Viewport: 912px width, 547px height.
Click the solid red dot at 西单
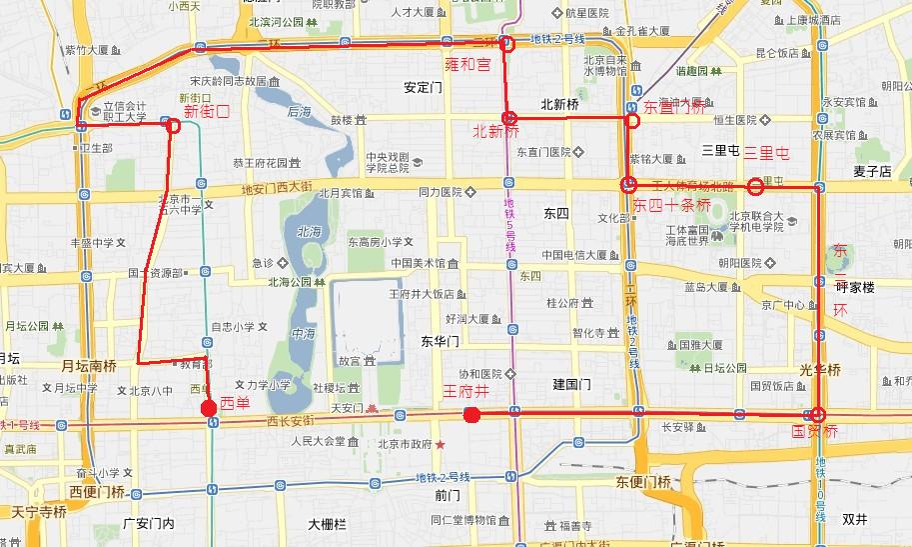coord(208,408)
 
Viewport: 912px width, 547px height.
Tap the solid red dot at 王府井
coord(472,414)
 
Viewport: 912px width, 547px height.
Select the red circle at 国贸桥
coord(818,414)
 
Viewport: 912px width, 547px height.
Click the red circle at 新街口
coord(173,126)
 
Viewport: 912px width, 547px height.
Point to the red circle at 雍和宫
coord(505,43)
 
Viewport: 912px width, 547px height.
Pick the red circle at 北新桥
coord(508,118)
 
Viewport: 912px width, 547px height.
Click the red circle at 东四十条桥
coord(628,184)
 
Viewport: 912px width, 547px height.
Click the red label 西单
coord(236,404)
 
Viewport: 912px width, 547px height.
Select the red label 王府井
coord(467,393)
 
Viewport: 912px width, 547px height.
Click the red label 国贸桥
coord(814,432)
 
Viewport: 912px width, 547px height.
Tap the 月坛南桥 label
coord(90,366)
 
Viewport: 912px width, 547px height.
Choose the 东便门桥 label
coord(643,482)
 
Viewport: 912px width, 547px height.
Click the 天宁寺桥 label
coord(38,512)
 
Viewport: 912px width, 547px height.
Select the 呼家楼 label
coord(854,287)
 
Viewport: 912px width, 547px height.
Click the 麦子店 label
coord(872,171)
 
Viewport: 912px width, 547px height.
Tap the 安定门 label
coord(423,87)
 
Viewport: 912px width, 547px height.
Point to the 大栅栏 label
coord(327,523)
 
